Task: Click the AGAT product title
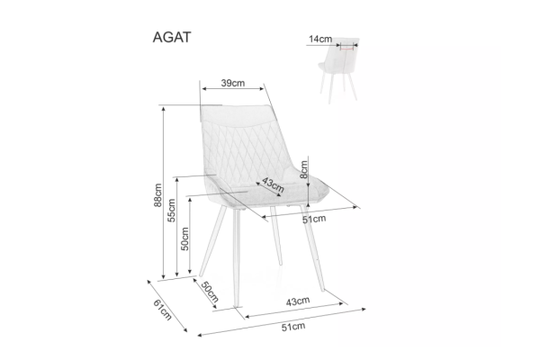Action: click(172, 37)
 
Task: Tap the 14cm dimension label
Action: click(320, 39)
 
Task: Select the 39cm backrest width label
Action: click(233, 83)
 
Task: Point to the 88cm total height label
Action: click(157, 195)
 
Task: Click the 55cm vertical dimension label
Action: click(171, 210)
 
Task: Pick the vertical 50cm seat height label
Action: click(184, 238)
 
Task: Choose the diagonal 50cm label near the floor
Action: click(210, 292)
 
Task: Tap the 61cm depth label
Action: click(163, 310)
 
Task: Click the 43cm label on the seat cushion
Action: click(273, 185)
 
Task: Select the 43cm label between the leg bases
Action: click(298, 301)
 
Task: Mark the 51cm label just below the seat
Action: click(314, 219)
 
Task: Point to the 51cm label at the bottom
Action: click(293, 327)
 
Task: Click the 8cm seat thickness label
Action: click(304, 169)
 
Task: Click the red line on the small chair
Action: click(346, 49)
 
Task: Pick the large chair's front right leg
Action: click(312, 248)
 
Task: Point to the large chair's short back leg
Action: click(276, 236)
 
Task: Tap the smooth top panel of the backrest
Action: click(238, 114)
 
